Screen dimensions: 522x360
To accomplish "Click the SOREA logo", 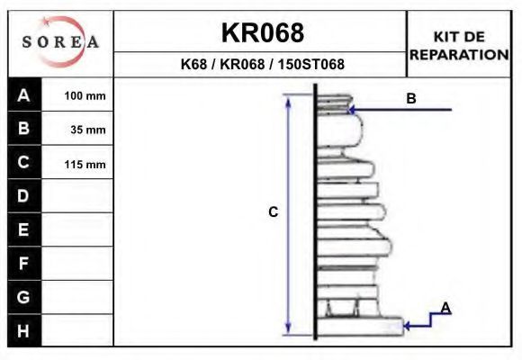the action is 60,41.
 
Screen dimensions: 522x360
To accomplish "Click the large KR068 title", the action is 263,32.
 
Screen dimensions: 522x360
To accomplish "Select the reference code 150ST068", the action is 310,64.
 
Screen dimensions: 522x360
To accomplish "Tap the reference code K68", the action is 193,64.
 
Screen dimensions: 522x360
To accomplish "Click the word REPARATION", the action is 459,55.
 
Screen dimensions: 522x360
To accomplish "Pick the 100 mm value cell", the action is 77,94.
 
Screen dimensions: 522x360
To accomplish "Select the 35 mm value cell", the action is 77,129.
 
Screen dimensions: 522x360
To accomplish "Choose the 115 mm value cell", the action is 77,163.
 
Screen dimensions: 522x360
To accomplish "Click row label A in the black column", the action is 24,94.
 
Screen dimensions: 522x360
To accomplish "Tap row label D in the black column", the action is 24,196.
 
